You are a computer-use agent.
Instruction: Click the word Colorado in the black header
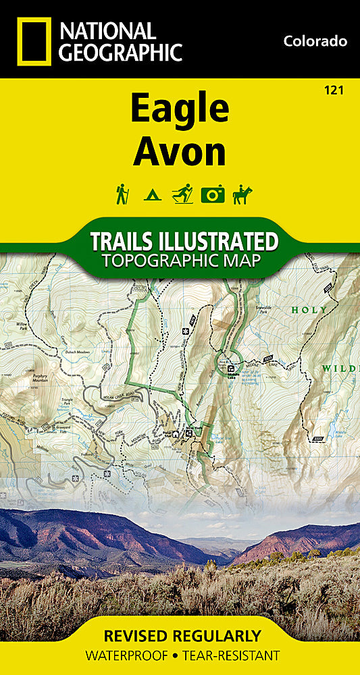(315, 41)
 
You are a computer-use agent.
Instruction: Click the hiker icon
(122, 194)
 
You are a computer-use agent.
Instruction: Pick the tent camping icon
(152, 195)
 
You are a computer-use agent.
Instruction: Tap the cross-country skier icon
(182, 194)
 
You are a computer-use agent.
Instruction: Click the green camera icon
(212, 194)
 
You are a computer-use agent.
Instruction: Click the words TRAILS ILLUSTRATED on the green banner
(184, 241)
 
